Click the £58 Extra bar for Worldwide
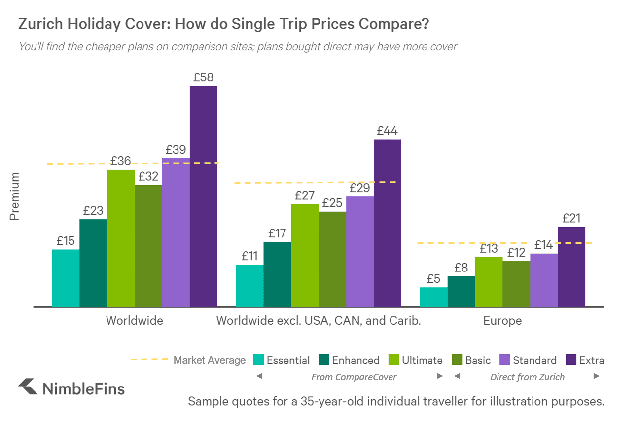point(204,197)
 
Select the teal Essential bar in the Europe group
point(433,297)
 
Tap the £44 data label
point(387,131)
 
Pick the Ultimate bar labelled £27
point(305,255)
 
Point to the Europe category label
point(502,321)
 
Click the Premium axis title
point(15,196)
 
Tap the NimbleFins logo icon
point(28,387)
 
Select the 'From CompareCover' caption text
point(354,377)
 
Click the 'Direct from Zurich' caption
point(527,377)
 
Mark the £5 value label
point(433,279)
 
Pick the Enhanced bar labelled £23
point(93,263)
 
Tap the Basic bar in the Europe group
point(516,284)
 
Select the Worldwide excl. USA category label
point(319,321)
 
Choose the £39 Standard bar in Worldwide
point(176,232)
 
